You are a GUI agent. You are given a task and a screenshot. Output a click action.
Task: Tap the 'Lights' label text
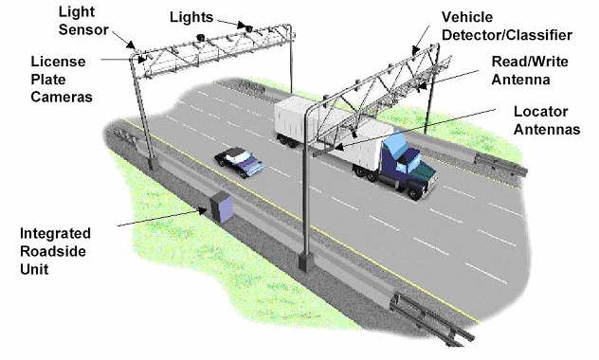click(x=193, y=17)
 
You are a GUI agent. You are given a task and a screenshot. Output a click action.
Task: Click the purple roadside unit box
click(x=224, y=207)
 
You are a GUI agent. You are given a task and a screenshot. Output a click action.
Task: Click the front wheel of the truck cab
click(x=414, y=190)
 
